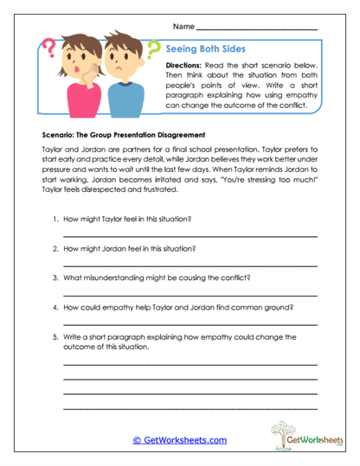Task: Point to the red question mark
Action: click(x=48, y=45)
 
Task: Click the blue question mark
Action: click(x=157, y=52)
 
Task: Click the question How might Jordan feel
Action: click(x=130, y=249)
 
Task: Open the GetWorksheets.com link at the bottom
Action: click(x=179, y=439)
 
